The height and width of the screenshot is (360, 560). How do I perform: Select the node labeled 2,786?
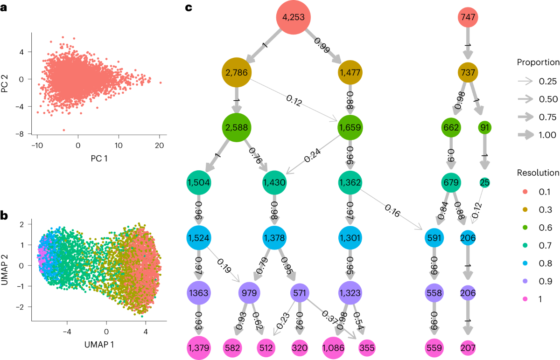coord(237,72)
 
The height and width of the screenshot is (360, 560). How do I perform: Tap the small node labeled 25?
coord(484,182)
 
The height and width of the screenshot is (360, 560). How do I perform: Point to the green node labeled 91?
coord(485,127)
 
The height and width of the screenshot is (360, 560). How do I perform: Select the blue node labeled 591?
coord(434,237)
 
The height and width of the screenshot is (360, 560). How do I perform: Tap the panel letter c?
coord(189,7)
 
